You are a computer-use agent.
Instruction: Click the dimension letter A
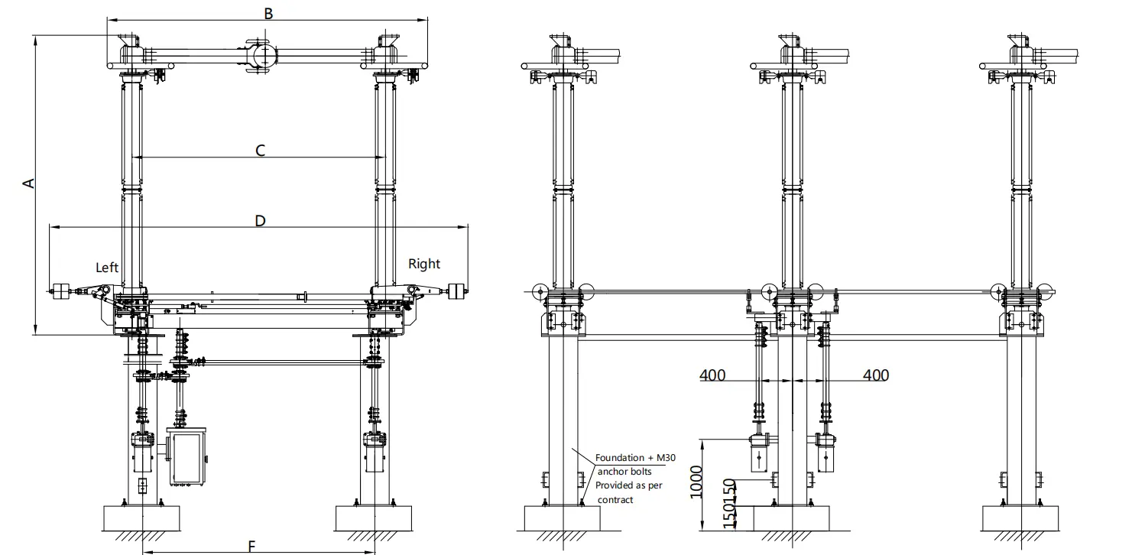pyautogui.click(x=28, y=183)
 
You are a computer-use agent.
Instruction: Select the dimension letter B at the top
pyautogui.click(x=268, y=12)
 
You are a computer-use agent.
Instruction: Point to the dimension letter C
pyautogui.click(x=260, y=151)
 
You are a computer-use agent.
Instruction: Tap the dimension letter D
pyautogui.click(x=260, y=220)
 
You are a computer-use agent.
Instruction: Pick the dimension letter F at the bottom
pyautogui.click(x=251, y=545)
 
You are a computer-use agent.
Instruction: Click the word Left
pyautogui.click(x=107, y=267)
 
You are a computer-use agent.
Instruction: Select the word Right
pyautogui.click(x=424, y=264)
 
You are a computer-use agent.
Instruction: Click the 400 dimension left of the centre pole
pyautogui.click(x=712, y=375)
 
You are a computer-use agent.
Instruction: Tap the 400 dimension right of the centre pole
pyautogui.click(x=875, y=375)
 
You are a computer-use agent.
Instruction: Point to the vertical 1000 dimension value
pyautogui.click(x=695, y=482)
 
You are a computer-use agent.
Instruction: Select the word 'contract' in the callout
pyautogui.click(x=615, y=499)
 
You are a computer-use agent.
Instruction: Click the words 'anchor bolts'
pyautogui.click(x=624, y=472)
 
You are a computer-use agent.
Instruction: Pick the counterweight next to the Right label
pyautogui.click(x=457, y=290)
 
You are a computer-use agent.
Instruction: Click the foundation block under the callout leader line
pyautogui.click(x=562, y=518)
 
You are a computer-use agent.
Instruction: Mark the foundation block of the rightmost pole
pyautogui.click(x=1020, y=518)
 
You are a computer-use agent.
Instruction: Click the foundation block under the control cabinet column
pyautogui.click(x=142, y=518)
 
